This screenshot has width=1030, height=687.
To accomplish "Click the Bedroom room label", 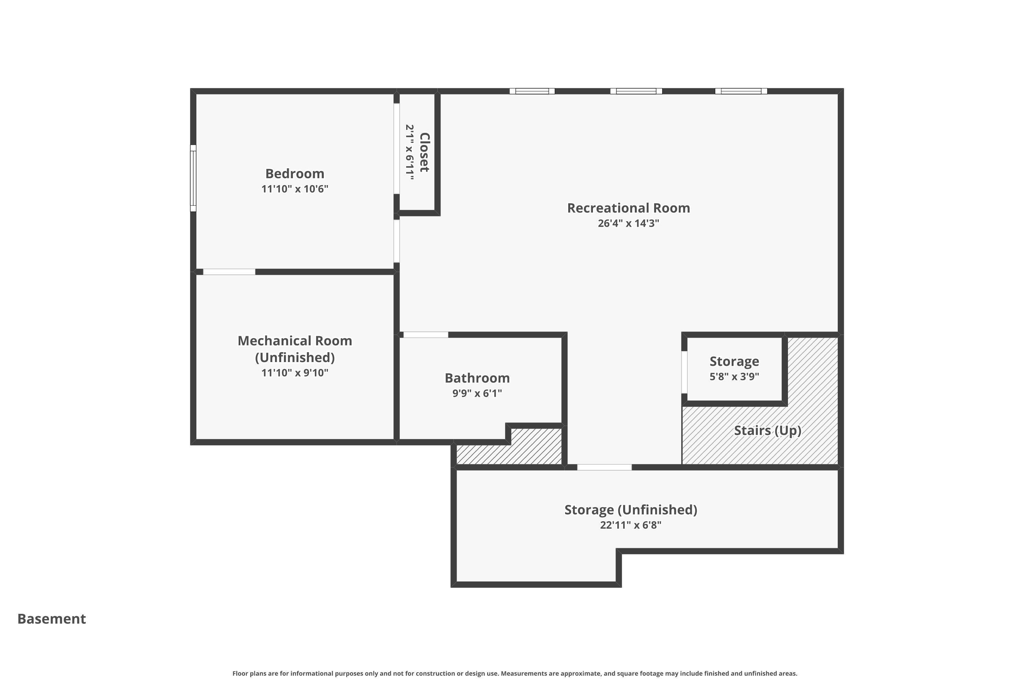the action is click(295, 173).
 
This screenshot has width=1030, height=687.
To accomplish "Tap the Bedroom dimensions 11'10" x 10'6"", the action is click(295, 189).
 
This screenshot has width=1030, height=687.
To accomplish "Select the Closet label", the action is click(424, 152).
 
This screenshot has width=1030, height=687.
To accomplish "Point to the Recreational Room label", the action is click(628, 208).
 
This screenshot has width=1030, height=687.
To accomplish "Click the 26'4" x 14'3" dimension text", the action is click(628, 223).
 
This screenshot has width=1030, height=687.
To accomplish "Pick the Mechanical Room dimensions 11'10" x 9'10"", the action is click(295, 373).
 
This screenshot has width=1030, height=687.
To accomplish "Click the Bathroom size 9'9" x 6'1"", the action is click(477, 393).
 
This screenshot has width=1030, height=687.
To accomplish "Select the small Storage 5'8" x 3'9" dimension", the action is click(734, 376).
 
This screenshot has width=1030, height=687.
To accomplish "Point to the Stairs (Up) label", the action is click(768, 430).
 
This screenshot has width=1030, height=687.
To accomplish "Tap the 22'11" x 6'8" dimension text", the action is click(631, 525).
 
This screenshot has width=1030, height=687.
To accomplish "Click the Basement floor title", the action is click(52, 619).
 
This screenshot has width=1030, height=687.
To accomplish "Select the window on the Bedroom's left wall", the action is click(193, 178).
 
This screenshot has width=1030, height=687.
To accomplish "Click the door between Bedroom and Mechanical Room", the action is click(229, 272).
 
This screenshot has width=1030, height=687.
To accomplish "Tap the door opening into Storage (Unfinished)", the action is click(604, 468).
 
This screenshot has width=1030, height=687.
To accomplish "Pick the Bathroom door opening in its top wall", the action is click(426, 335).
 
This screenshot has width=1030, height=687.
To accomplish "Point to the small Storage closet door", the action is click(684, 372).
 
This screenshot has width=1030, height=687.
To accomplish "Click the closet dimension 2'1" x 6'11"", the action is click(410, 153).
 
